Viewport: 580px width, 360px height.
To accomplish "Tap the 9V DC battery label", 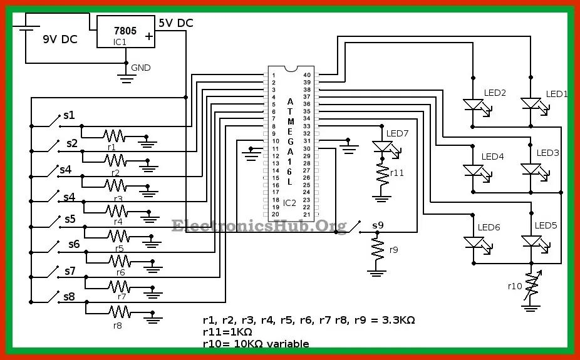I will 60,39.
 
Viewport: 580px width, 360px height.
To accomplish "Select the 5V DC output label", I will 176,23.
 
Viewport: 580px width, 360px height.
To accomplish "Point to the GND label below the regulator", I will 141,68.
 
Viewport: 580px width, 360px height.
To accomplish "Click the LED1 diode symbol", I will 531,104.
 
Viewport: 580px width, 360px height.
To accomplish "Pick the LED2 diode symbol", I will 473,105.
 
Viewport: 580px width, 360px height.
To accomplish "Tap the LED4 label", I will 492,157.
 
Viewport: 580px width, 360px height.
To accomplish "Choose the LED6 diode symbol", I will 473,242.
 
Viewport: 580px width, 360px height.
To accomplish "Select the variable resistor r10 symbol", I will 532,286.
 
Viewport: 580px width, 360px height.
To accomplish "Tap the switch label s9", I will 378,225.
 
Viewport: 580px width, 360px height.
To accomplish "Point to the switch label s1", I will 69,116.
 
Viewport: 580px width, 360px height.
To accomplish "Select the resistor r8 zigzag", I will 118,311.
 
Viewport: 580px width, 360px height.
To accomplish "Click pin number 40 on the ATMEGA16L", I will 307,75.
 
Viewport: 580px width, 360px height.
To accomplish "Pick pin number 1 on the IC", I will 274,75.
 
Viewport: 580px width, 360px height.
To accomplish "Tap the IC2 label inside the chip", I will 289,203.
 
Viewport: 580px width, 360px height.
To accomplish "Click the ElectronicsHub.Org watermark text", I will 259,225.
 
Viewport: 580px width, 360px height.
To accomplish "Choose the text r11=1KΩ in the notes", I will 227,332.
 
